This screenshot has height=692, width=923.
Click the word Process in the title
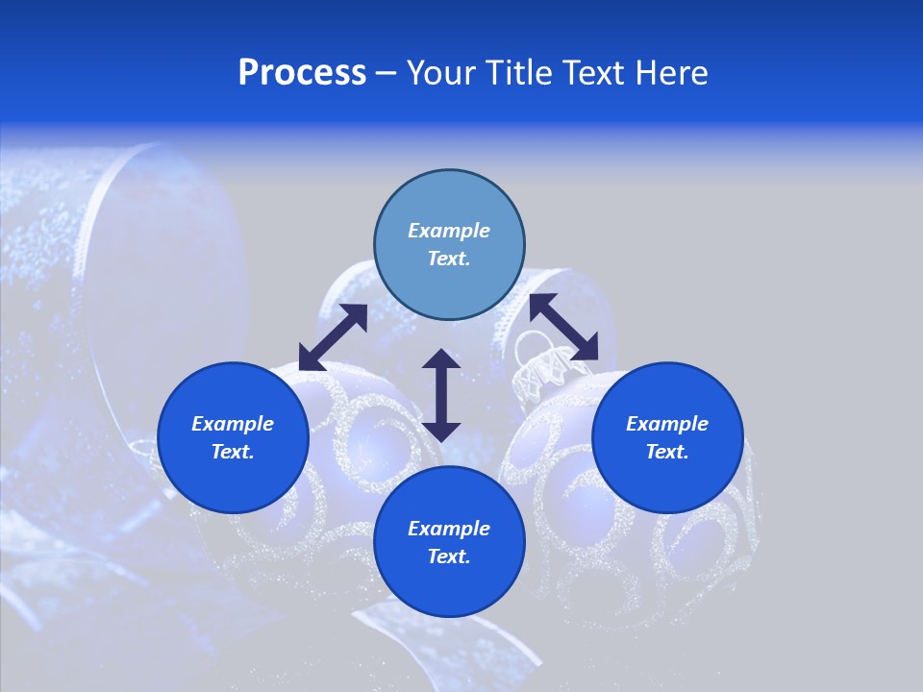[302, 73]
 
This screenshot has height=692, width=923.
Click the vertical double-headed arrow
[441, 395]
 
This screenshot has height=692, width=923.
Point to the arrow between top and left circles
[333, 336]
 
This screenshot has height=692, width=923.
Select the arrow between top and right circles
[563, 327]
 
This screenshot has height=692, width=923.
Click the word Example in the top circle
[449, 231]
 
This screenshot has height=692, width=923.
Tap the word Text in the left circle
[233, 452]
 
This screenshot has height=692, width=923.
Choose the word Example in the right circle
[667, 424]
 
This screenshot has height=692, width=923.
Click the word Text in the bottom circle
[449, 556]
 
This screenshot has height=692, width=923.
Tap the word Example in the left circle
[233, 424]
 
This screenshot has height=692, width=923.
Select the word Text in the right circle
[667, 452]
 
